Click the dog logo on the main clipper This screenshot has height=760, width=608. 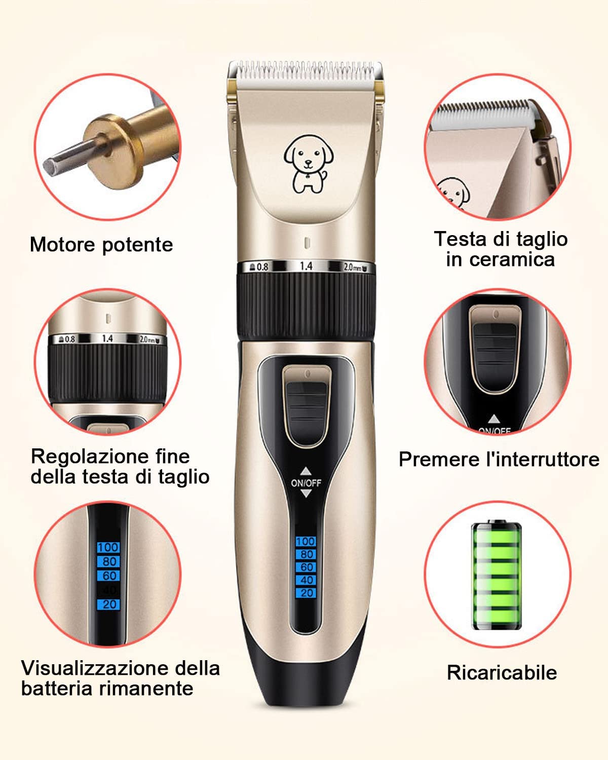coord(308,164)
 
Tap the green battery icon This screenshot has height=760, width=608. coord(497,575)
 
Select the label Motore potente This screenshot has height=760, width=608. coord(101,245)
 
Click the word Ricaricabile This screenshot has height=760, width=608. coord(502,672)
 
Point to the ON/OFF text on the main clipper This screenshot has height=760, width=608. coord(306,483)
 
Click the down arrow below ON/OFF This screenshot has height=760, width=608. coord(306,493)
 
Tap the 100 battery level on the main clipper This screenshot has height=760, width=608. coord(306,542)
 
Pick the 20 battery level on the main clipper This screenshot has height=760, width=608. coord(306,593)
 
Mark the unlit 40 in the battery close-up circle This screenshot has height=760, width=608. coord(109,590)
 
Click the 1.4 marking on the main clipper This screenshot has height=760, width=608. coord(306,266)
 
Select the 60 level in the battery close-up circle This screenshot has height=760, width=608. coord(109,576)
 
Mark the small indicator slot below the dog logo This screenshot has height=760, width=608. coord(307,243)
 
